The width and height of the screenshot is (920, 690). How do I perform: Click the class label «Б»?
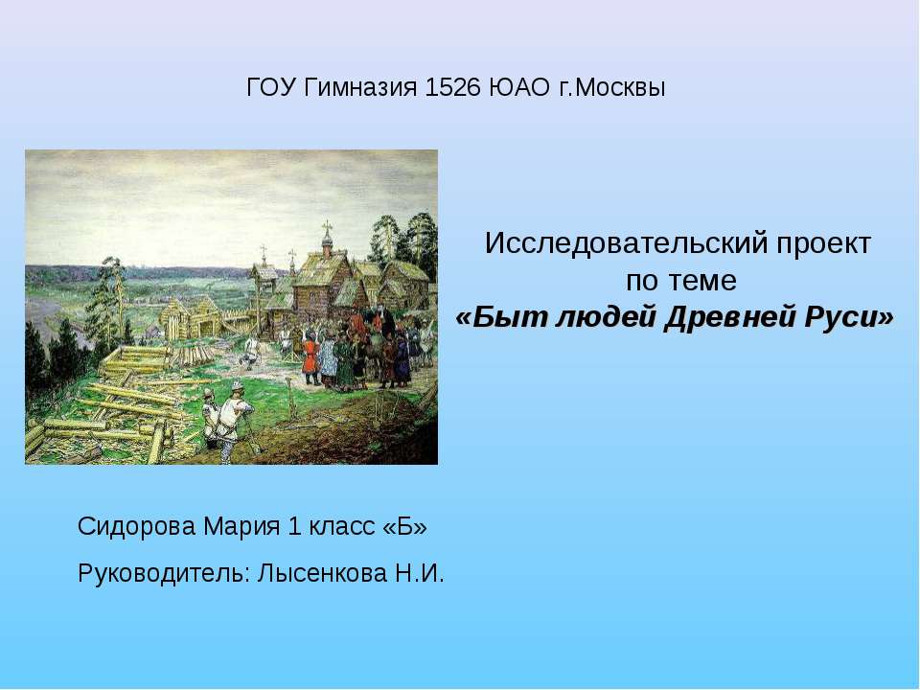point(404,527)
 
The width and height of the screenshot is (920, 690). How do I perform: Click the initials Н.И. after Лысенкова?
point(420,574)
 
